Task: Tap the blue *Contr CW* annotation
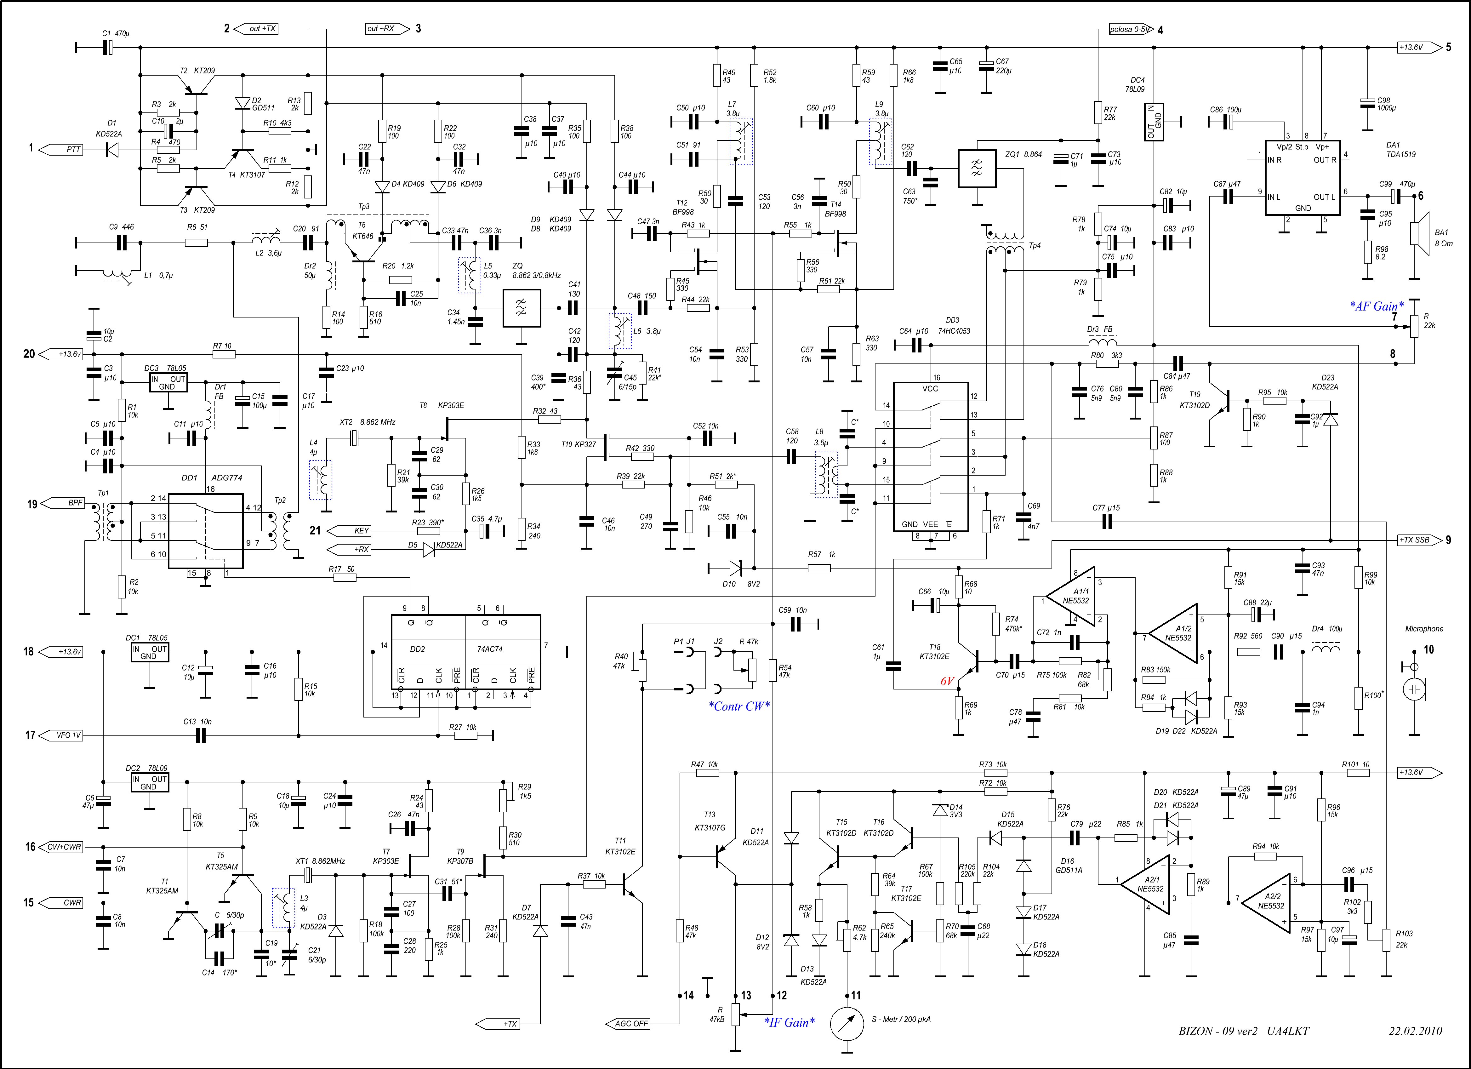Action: click(x=739, y=706)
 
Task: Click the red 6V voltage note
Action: click(x=948, y=681)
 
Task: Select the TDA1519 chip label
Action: click(x=1401, y=154)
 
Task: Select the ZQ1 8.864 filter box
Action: click(x=977, y=169)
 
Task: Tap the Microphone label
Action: click(x=1424, y=629)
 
